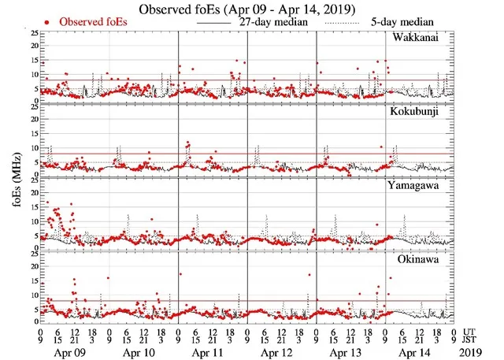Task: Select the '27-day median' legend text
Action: pos(270,23)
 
